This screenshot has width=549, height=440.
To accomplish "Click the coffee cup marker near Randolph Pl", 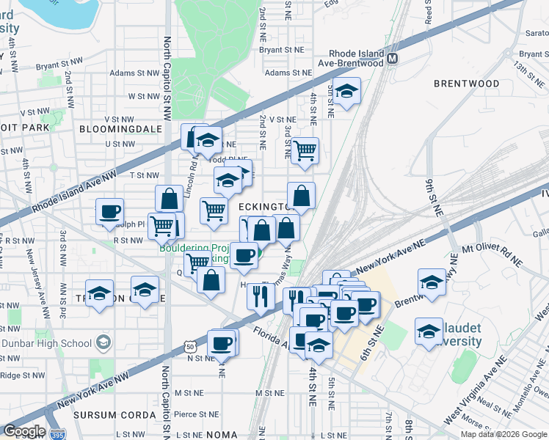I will coord(110,212).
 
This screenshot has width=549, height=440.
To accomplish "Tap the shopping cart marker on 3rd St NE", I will coord(305,151).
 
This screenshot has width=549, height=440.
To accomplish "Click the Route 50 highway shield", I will coord(191,345).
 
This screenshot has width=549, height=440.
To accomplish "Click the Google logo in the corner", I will coord(23,430).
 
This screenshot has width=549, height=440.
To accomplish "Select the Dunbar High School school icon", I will coord(103,342).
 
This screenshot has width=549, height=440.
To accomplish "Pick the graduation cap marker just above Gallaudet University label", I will coord(429,331).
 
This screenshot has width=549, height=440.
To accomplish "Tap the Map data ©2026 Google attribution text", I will coord(503,434).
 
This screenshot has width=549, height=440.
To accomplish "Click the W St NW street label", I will coord(143,96).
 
